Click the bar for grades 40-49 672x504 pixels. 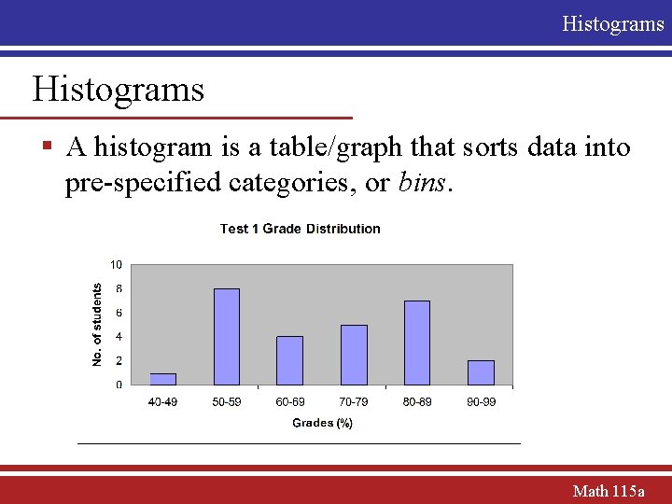[x=163, y=379]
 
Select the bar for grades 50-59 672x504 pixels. [x=227, y=337]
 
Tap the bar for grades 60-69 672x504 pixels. [x=290, y=360]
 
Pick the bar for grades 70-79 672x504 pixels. [x=354, y=355]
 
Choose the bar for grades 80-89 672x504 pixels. [x=417, y=343]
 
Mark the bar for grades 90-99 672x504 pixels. [x=481, y=372]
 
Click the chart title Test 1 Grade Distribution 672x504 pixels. [x=300, y=229]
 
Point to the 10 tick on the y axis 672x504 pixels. [x=117, y=265]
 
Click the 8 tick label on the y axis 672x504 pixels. [x=119, y=289]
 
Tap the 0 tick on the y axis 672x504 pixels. [x=119, y=385]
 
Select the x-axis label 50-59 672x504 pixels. [x=227, y=402]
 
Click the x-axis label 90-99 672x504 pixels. [x=481, y=402]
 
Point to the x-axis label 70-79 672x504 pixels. [x=354, y=402]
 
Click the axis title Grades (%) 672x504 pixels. [x=322, y=423]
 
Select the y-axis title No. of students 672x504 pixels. [x=97, y=325]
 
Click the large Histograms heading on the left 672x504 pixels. [x=118, y=90]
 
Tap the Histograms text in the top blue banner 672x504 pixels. [x=612, y=23]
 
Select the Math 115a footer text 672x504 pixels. [x=609, y=490]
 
